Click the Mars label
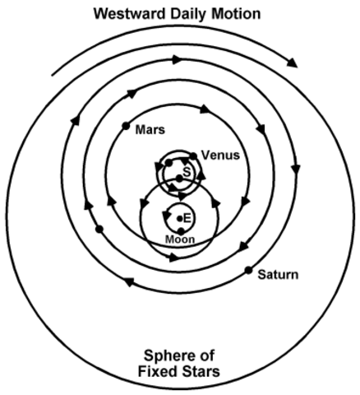(151, 129)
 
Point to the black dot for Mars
(126, 126)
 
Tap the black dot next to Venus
(193, 155)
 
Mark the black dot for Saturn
(247, 269)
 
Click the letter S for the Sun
(187, 170)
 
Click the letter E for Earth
(187, 218)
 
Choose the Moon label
(179, 239)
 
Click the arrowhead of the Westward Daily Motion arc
(291, 61)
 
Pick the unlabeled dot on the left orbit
(99, 229)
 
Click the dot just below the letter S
(179, 179)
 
